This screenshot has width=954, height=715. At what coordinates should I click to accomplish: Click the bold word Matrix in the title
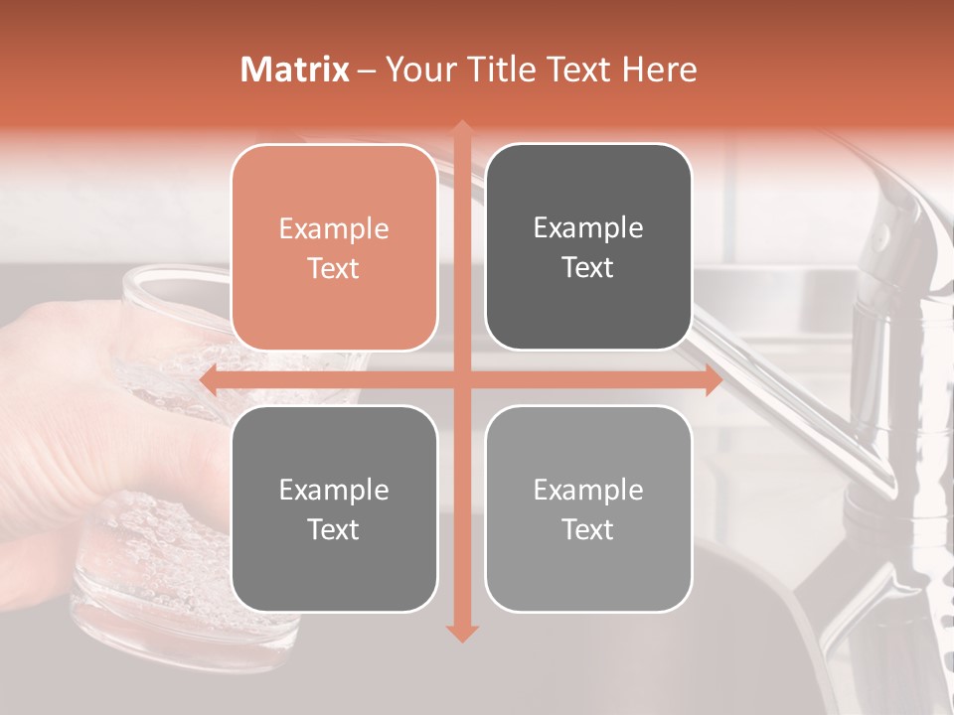(295, 70)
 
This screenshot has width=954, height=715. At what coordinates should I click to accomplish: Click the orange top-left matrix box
(334, 248)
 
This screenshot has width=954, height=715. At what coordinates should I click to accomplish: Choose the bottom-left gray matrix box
(334, 508)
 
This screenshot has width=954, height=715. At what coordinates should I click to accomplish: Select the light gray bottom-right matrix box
(588, 508)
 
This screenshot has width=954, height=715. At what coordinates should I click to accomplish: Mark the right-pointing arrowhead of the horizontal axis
(713, 380)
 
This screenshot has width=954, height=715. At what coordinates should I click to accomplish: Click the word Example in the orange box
(334, 229)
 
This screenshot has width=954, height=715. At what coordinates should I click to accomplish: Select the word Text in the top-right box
(588, 267)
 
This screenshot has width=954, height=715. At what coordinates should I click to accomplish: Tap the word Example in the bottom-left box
(334, 490)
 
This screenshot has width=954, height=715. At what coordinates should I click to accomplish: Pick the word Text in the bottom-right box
(588, 529)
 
